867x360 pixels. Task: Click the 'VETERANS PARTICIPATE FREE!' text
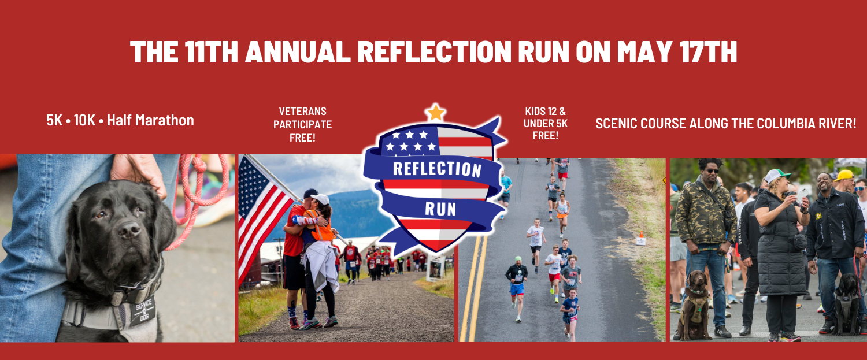pyautogui.click(x=302, y=124)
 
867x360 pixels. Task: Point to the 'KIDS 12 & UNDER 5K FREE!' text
pyautogui.click(x=545, y=123)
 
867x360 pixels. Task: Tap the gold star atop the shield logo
pyautogui.click(x=435, y=112)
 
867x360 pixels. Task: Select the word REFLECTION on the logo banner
pyautogui.click(x=437, y=168)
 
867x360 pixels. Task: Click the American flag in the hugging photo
pyautogui.click(x=260, y=214)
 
